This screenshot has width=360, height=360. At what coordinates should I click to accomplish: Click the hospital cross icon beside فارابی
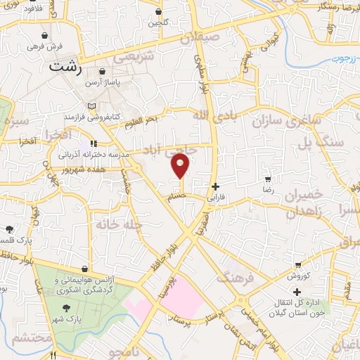coord(215,186)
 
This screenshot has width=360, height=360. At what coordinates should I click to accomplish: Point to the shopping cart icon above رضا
coord(267,179)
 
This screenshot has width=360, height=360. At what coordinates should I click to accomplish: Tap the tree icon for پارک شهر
coord(67,309)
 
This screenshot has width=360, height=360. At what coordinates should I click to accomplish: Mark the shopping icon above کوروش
coord(299,266)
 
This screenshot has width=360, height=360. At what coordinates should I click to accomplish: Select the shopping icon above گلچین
coord(158,12)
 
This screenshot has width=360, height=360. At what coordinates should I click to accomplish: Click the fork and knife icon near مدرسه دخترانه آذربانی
coord(93,144)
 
